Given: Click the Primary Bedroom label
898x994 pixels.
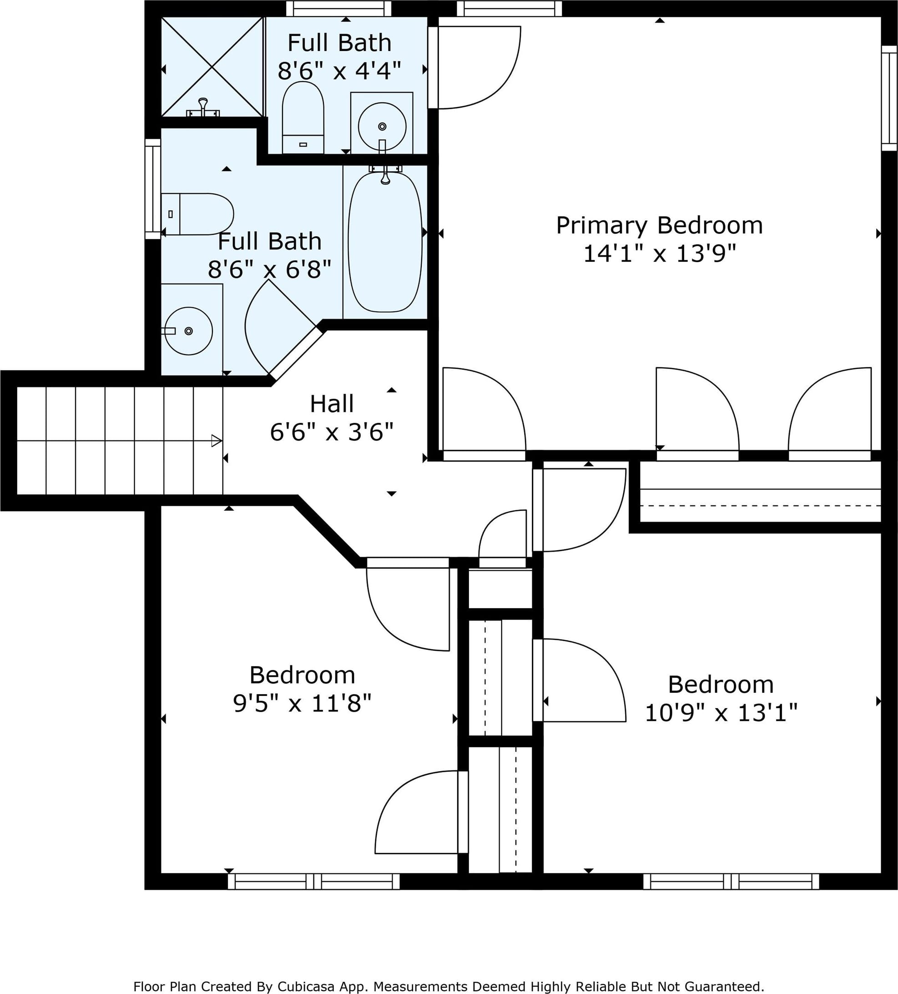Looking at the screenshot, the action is click(x=660, y=226).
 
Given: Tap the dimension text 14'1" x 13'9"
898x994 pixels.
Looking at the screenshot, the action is click(x=660, y=254).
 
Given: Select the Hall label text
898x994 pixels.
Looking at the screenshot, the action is click(x=332, y=404).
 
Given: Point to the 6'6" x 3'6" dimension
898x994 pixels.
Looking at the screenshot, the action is click(x=332, y=432).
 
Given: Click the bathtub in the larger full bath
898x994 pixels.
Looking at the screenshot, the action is click(x=385, y=242).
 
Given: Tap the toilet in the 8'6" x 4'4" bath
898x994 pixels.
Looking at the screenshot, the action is click(x=303, y=117).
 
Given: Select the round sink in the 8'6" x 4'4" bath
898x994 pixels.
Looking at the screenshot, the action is click(x=382, y=126).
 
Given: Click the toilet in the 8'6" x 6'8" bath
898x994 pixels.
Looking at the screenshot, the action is click(x=197, y=214).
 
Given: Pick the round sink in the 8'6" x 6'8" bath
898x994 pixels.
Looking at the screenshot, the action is click(x=188, y=331).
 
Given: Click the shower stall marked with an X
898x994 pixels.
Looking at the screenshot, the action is click(x=212, y=66).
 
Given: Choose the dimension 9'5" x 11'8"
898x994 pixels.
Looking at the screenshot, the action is click(x=302, y=703).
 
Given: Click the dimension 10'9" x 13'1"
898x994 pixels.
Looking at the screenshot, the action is click(x=721, y=712).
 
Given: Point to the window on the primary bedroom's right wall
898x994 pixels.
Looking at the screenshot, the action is click(x=889, y=98).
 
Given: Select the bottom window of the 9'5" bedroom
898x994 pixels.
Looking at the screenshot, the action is click(x=313, y=881).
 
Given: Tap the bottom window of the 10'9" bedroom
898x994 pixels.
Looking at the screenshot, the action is click(x=731, y=881).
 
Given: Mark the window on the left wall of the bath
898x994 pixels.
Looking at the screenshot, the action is click(x=153, y=189).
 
